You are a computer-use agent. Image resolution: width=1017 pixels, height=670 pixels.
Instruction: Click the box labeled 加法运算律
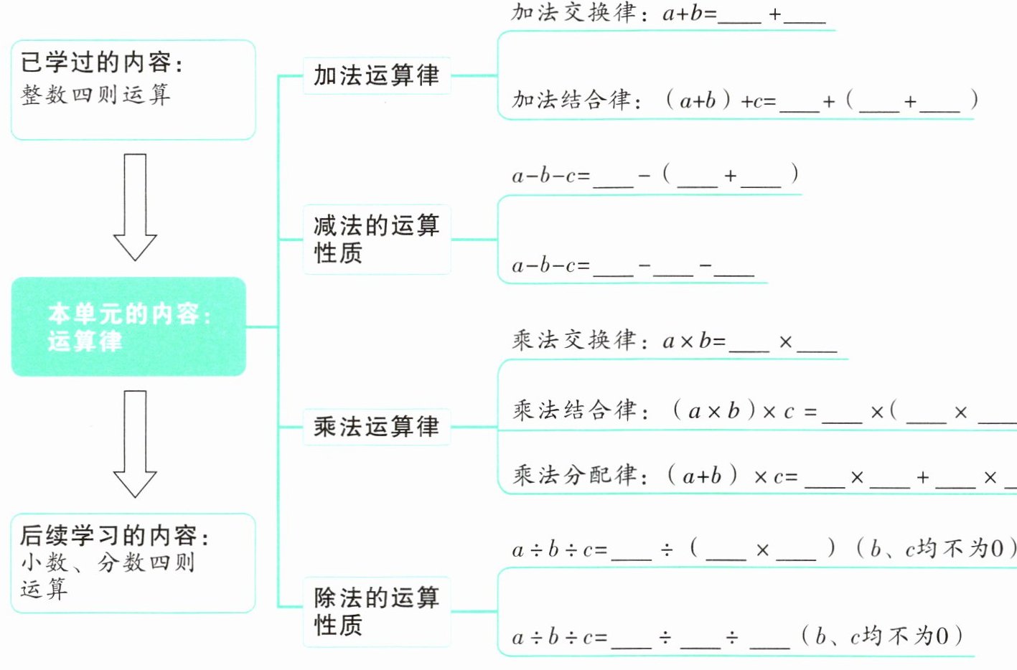pyautogui.click(x=377, y=75)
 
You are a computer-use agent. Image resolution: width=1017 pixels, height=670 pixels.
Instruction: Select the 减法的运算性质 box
pyautogui.click(x=377, y=239)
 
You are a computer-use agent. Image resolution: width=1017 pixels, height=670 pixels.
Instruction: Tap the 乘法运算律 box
pyautogui.click(x=377, y=427)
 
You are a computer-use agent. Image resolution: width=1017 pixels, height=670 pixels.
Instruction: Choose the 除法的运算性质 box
pyautogui.click(x=377, y=611)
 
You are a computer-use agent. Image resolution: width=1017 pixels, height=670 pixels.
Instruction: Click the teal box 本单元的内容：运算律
pyautogui.click(x=129, y=327)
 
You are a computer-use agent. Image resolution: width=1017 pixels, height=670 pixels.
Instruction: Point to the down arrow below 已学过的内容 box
pyautogui.click(x=135, y=207)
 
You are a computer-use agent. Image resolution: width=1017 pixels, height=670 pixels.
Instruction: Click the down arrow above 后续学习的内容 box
pyautogui.click(x=135, y=443)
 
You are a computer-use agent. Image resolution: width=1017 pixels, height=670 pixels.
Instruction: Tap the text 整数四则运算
pyautogui.click(x=95, y=95)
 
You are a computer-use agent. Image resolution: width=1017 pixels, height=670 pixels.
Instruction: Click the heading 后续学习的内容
pyautogui.click(x=115, y=535)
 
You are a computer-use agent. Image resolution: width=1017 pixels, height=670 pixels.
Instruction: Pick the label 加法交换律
pyautogui.click(x=573, y=13)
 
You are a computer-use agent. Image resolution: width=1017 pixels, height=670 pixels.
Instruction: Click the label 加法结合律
pyautogui.click(x=574, y=100)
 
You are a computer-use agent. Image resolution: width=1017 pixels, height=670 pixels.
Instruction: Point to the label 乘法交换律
pyautogui.click(x=574, y=340)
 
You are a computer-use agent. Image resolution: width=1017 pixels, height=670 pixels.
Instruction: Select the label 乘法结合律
pyautogui.click(x=574, y=410)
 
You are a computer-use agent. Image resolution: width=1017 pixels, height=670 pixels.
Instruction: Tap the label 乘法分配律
pyautogui.click(x=574, y=475)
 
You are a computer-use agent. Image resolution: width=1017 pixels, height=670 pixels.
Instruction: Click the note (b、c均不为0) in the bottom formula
pyautogui.click(x=882, y=636)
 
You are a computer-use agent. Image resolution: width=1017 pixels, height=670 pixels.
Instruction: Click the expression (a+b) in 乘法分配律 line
pyautogui.click(x=702, y=476)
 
